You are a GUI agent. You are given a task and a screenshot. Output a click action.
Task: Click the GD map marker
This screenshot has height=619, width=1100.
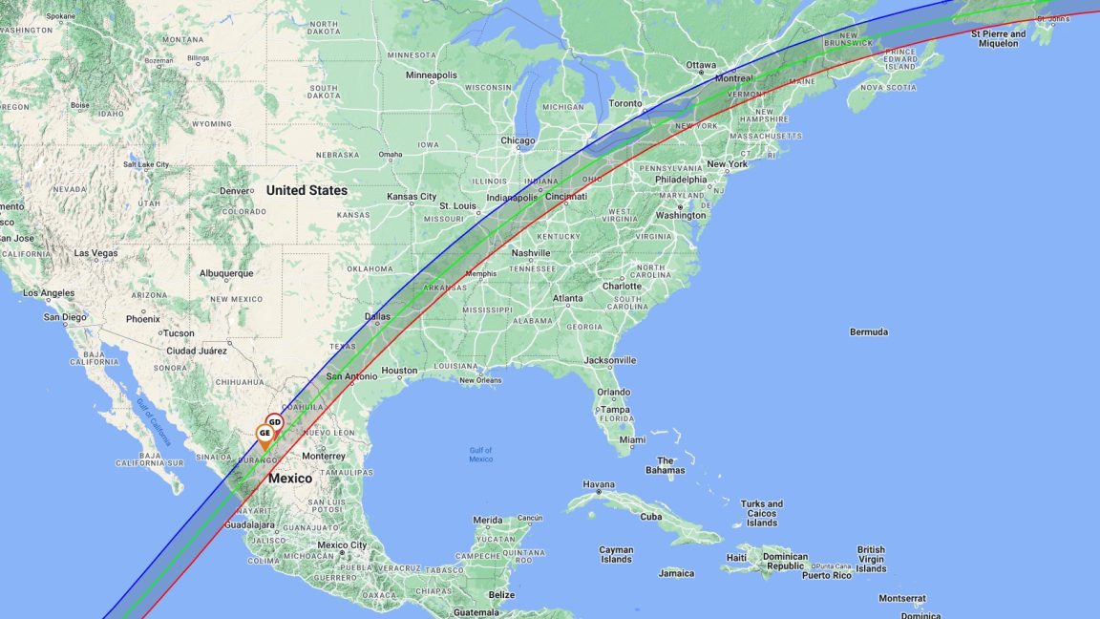click(274, 421)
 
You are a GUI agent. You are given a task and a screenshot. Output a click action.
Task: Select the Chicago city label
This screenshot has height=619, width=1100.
click(518, 140)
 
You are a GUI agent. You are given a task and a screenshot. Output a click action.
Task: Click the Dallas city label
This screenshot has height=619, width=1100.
click(377, 316)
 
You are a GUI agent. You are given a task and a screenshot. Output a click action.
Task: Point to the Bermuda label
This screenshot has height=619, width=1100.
click(869, 331)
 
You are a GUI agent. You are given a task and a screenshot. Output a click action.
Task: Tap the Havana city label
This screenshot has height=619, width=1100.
click(599, 484)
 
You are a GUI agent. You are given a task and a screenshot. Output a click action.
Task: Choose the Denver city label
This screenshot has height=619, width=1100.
click(235, 190)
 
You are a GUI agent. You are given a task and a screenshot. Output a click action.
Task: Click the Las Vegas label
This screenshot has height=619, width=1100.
click(95, 253)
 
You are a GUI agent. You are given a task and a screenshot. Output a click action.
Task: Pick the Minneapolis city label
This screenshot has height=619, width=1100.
click(432, 75)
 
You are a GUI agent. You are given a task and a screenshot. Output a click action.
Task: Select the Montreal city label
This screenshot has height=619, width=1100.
click(734, 78)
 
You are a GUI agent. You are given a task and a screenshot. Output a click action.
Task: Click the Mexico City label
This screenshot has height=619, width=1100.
click(342, 545)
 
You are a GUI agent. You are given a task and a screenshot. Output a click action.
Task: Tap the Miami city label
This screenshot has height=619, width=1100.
click(631, 440)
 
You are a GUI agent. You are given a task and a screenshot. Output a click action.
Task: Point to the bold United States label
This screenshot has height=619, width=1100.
click(307, 190)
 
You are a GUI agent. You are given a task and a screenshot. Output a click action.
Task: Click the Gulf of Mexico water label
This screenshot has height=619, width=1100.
click(480, 455)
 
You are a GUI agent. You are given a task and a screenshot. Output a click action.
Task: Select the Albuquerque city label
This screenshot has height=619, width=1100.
click(225, 273)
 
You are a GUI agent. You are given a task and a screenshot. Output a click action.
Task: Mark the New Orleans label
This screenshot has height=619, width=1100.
click(480, 380)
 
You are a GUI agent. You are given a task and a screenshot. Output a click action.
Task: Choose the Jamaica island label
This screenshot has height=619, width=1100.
click(676, 573)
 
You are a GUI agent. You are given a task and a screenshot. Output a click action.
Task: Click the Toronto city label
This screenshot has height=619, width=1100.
click(625, 103)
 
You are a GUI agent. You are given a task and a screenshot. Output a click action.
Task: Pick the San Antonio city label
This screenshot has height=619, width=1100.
click(351, 376)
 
